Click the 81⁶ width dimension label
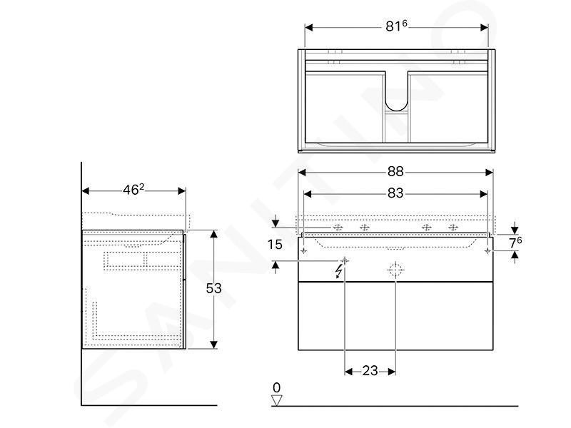click(x=396, y=26)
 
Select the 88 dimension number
click(x=395, y=171)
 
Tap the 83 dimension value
click(x=395, y=193)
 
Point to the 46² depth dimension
click(x=133, y=190)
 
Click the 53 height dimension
click(x=213, y=288)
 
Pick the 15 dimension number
click(x=275, y=245)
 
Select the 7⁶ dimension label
click(x=515, y=243)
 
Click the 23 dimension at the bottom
click(x=370, y=371)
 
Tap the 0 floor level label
click(x=277, y=387)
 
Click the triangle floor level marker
click(x=277, y=400)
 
